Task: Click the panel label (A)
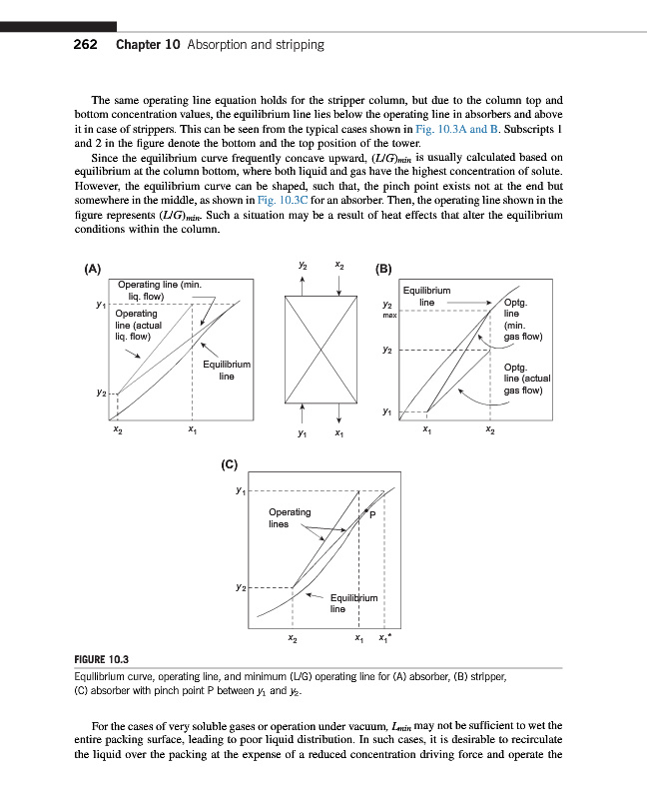(x=92, y=269)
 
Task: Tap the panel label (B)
(x=382, y=269)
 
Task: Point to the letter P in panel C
(x=371, y=515)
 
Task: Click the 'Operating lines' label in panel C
(x=290, y=517)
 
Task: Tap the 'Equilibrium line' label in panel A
(x=226, y=371)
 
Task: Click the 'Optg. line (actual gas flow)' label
(x=527, y=379)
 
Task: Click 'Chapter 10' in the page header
(x=148, y=45)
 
